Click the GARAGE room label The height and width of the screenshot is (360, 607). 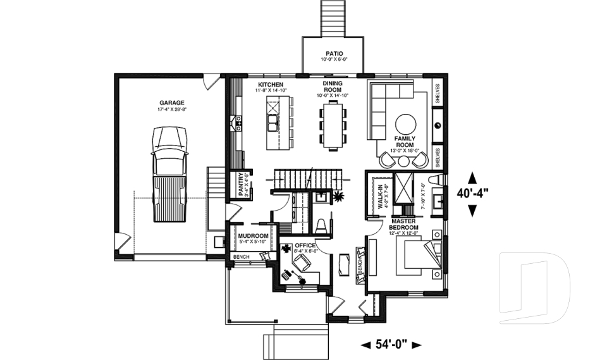click(x=172, y=102)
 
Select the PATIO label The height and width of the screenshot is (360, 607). click(x=334, y=54)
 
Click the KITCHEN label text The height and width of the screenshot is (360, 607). click(x=271, y=85)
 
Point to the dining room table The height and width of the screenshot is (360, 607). click(x=333, y=125)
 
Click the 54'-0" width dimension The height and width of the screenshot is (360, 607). click(x=391, y=345)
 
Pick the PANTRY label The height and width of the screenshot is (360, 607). click(x=241, y=185)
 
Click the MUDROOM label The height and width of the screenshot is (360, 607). click(x=252, y=236)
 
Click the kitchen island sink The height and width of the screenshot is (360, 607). click(x=273, y=121)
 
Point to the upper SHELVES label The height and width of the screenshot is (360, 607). click(x=438, y=93)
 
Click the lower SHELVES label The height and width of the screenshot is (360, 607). click(x=438, y=157)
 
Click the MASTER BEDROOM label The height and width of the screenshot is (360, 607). click(x=403, y=224)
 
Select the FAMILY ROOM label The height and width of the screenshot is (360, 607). click(x=404, y=140)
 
